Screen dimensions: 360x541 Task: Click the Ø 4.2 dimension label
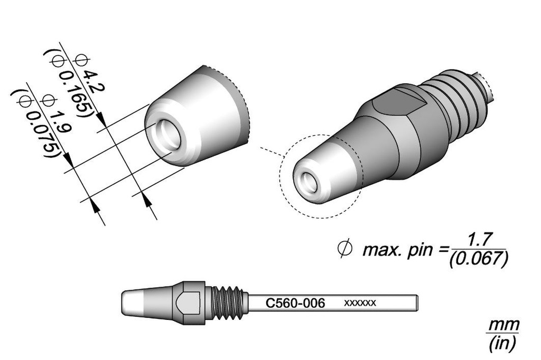88,74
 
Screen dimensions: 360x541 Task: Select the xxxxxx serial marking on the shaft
360,303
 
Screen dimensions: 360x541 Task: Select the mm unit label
502,324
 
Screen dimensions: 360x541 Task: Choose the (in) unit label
502,344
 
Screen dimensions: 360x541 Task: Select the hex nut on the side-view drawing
189,303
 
